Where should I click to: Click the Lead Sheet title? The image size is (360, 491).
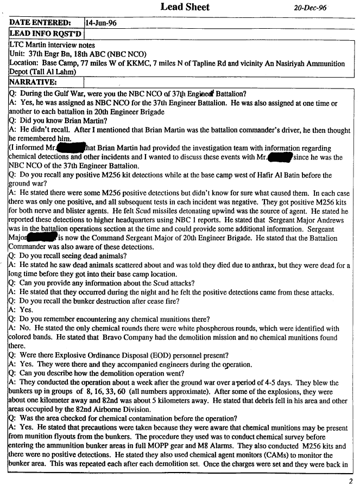[x=185, y=7]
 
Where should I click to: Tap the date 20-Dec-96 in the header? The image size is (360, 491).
[x=311, y=9]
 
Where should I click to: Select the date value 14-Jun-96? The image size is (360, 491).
[x=102, y=23]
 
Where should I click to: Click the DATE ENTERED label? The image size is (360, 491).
[x=40, y=23]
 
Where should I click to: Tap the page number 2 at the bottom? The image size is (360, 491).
[x=351, y=481]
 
